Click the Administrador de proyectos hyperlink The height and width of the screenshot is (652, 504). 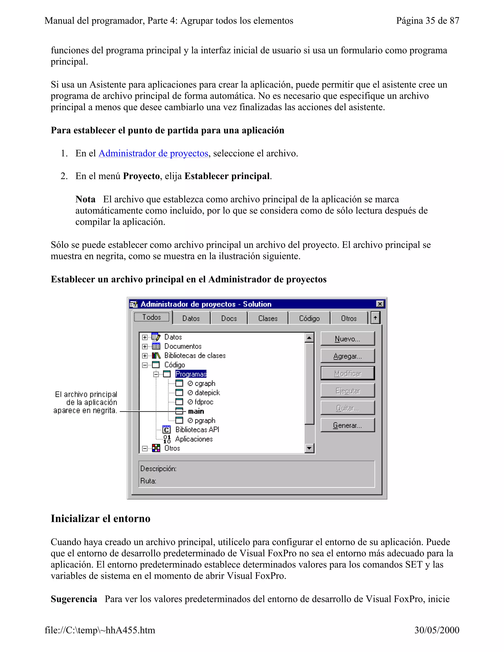click(x=153, y=154)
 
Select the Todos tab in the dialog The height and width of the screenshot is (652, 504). click(x=152, y=317)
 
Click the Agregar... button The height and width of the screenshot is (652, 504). click(x=347, y=356)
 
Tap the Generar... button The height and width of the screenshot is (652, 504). click(x=347, y=425)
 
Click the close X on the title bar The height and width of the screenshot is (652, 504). click(x=380, y=304)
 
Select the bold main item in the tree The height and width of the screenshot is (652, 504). click(x=196, y=411)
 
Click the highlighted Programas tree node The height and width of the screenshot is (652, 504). click(x=191, y=374)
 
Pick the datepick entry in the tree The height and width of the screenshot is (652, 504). click(x=207, y=393)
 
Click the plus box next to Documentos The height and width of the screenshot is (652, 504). click(x=145, y=347)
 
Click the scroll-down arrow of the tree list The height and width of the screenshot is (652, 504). click(x=309, y=448)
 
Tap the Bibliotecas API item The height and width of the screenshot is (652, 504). click(x=197, y=430)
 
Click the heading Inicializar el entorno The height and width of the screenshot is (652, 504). click(x=101, y=519)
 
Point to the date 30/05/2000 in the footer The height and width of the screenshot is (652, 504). click(x=437, y=630)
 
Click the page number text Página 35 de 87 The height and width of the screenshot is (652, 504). click(x=427, y=21)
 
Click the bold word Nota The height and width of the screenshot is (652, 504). click(x=85, y=199)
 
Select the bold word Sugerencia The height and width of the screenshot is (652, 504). click(x=74, y=599)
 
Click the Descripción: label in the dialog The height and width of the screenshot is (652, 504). click(x=158, y=469)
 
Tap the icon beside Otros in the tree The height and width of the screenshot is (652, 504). click(x=156, y=448)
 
